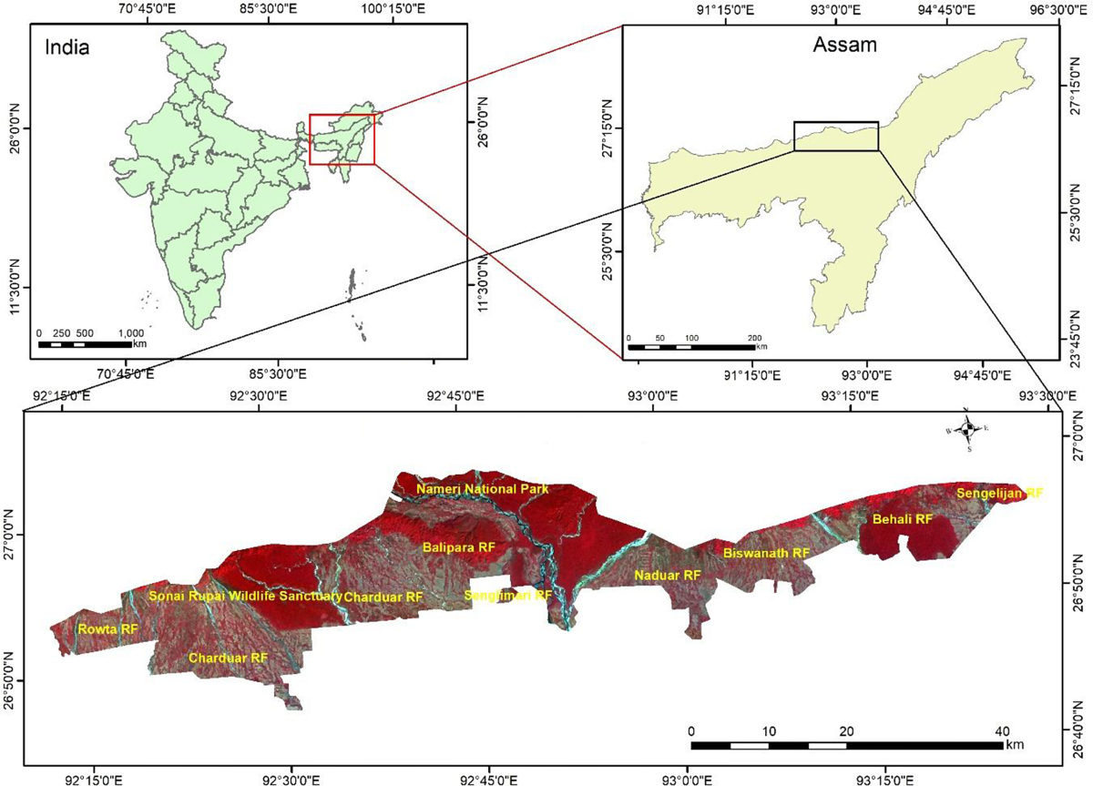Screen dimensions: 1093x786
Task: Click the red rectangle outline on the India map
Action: [342, 115]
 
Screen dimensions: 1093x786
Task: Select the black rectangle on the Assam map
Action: [836, 122]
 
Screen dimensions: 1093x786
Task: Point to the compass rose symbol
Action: [969, 428]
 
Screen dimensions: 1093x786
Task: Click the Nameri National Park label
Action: [483, 490]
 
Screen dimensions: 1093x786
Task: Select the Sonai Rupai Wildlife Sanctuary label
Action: [245, 597]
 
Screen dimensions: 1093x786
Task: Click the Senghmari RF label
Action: [508, 596]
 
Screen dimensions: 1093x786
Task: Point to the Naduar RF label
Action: [668, 576]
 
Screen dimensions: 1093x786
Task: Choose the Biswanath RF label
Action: [766, 553]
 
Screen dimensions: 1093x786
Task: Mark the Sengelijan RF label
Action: [999, 493]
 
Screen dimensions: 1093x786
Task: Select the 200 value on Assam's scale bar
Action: [754, 338]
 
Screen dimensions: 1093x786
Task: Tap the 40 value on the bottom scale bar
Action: [1002, 732]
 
